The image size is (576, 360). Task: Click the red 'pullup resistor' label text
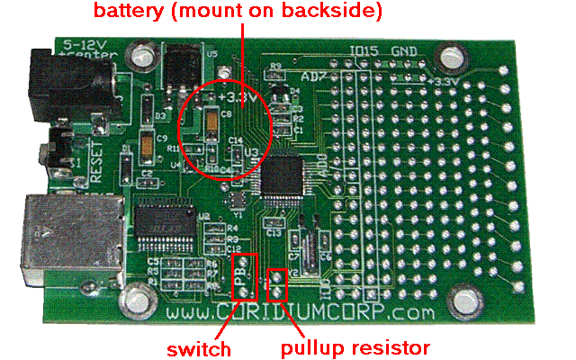point(355,347)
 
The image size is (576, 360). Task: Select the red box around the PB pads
point(244,276)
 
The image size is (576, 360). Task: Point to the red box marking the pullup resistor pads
point(279,283)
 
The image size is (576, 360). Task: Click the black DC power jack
point(54,81)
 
